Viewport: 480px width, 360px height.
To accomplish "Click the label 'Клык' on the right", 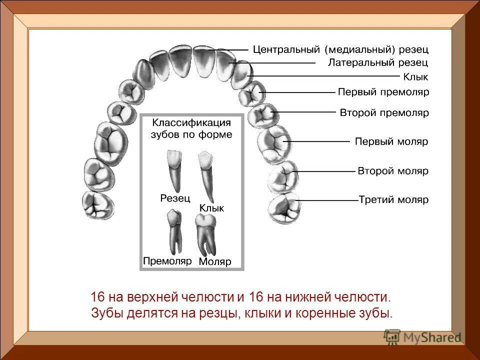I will click(415, 77).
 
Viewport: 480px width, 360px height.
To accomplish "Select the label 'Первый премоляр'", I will click(383, 92).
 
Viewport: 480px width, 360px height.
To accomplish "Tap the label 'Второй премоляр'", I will click(384, 113).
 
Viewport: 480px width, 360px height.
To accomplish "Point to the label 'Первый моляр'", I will click(391, 141).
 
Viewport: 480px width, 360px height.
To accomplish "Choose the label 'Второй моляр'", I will click(393, 171).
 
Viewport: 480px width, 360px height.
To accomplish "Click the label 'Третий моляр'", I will click(393, 200).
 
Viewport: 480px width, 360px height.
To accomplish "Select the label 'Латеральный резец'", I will click(378, 63).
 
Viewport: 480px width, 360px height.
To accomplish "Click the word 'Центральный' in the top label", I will click(286, 50).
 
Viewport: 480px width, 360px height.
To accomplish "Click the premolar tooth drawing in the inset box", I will click(173, 232).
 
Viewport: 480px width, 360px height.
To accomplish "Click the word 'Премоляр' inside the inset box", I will click(167, 260).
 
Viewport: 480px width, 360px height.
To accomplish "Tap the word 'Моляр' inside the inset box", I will click(215, 261).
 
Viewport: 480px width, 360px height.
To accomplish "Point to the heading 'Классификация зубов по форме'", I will click(192, 128).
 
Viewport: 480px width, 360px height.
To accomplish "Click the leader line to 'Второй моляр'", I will click(325, 171).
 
